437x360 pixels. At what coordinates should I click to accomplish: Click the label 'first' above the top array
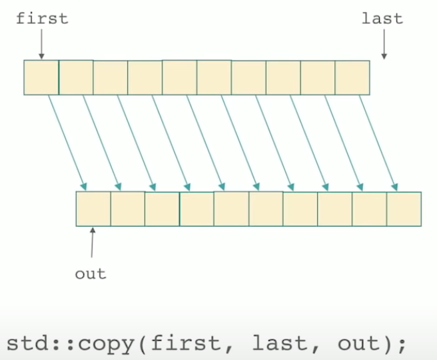pos(42,18)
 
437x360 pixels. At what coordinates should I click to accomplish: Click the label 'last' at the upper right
pos(382,18)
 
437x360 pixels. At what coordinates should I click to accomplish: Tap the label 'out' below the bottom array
pos(91,273)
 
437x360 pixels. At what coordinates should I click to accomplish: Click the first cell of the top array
pos(41,77)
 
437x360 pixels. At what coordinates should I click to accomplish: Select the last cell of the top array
pos(352,77)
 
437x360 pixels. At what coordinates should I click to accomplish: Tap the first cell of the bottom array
pos(93,209)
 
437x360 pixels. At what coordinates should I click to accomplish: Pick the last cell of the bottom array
pos(404,209)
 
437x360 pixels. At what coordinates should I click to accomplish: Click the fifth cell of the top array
pos(180,77)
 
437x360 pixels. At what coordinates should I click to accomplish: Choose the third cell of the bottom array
pos(162,209)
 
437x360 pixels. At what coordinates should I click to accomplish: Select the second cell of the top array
pos(76,77)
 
